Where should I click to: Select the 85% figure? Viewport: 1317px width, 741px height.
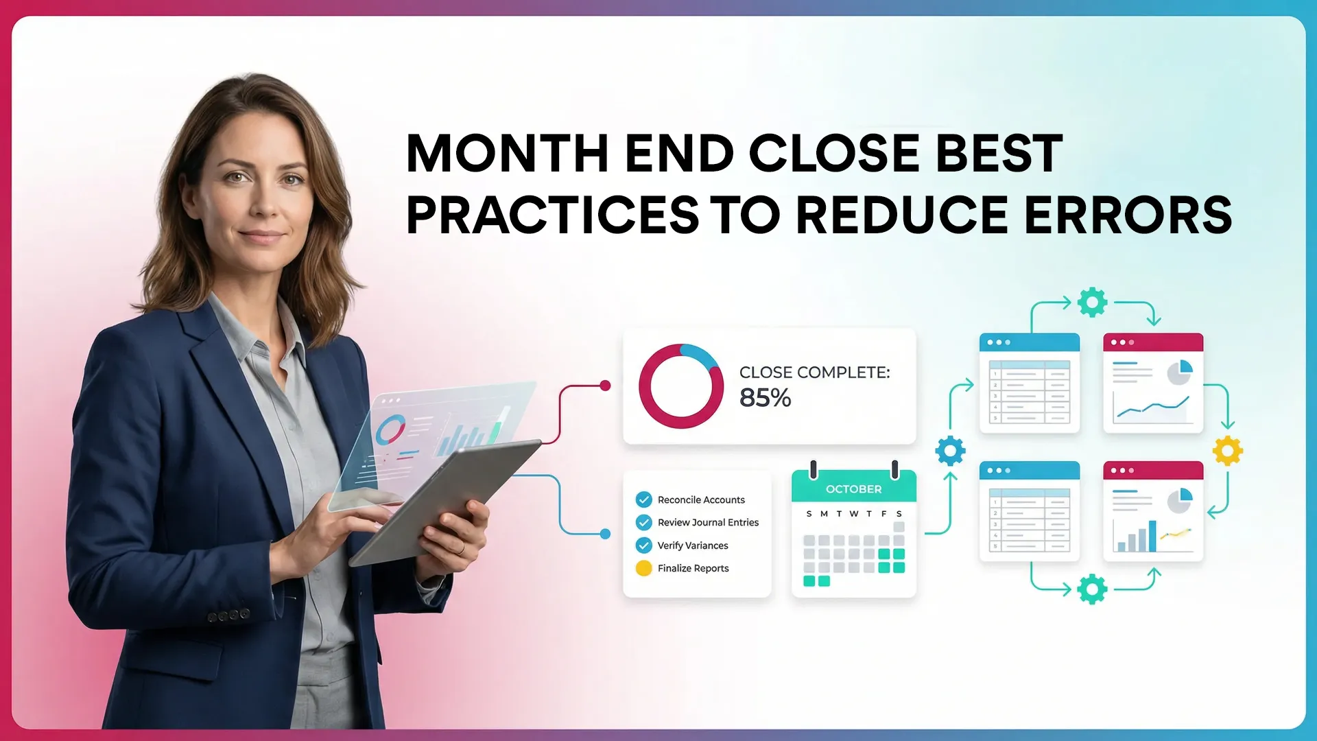coord(765,398)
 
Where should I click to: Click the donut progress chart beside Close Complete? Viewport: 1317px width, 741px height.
coord(680,386)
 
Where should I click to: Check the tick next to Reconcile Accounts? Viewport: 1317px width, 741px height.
coord(643,499)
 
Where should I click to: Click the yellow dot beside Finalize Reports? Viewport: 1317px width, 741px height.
coord(643,568)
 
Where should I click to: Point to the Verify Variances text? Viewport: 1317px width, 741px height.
coord(693,545)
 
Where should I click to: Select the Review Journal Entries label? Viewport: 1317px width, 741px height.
coord(708,522)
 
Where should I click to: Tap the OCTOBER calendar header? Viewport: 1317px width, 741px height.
coord(853,489)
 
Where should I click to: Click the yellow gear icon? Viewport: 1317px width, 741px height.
coord(1227,451)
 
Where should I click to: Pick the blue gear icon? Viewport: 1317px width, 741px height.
coord(950,451)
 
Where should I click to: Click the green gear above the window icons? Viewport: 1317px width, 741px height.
coord(1092,302)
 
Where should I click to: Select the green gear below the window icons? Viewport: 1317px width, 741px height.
coord(1092,589)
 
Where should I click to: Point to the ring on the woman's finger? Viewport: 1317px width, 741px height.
coord(462,548)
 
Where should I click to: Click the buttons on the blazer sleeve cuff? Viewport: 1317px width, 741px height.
coord(228,615)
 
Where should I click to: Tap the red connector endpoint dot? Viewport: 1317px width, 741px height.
coord(605,386)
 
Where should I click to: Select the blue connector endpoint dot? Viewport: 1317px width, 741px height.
coord(605,534)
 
